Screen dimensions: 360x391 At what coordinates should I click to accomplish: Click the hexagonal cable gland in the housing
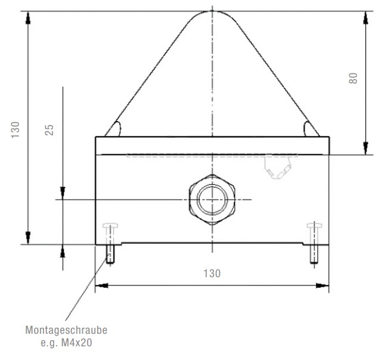pos(212,199)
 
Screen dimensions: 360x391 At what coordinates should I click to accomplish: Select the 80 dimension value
pos(353,78)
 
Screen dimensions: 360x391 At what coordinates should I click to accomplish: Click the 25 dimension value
pos(50,129)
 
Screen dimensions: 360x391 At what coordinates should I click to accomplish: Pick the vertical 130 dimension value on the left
pos(16,129)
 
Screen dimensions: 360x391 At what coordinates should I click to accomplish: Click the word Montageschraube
pos(66,330)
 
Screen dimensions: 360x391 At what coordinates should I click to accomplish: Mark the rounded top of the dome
pos(212,15)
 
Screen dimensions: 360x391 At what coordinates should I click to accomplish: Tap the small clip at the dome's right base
pos(311,128)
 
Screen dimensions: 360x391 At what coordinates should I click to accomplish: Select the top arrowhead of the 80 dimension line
pos(365,17)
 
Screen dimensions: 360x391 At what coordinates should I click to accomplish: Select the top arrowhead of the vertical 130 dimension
pos(27,17)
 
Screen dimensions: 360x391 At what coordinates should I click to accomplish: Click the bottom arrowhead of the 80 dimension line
pos(365,148)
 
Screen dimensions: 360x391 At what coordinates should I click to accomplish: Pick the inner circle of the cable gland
pos(212,199)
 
